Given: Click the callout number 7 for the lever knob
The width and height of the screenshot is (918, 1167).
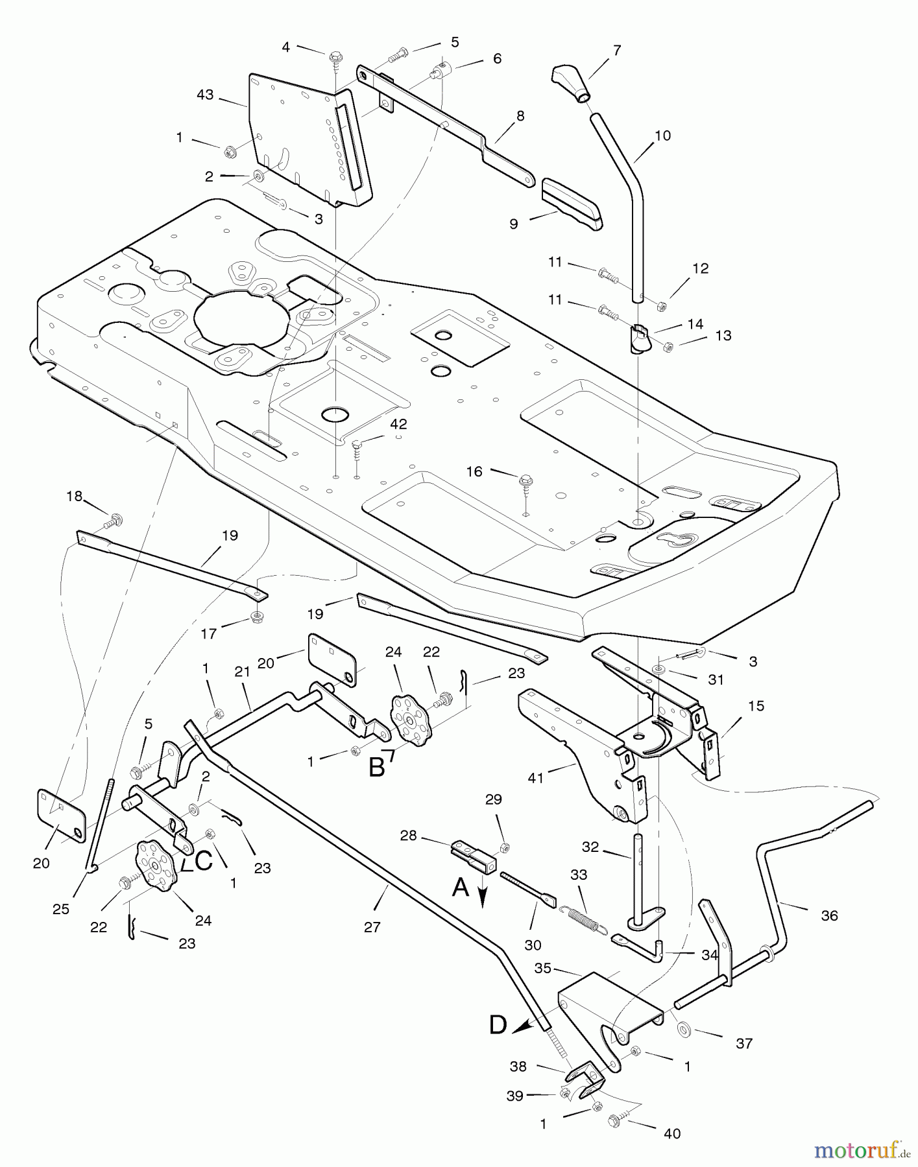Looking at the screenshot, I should (x=616, y=50).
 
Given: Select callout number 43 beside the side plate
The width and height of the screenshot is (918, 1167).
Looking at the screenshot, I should (x=205, y=95).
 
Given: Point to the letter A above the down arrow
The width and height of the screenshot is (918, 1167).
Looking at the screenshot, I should (x=460, y=887).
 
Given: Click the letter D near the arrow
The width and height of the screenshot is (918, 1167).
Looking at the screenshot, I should (x=498, y=1025).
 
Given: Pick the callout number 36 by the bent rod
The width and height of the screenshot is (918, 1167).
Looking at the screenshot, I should (x=829, y=915).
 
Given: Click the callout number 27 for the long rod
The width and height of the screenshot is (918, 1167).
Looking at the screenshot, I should (x=372, y=927).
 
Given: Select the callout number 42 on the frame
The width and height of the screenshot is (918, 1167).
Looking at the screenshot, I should (x=398, y=424).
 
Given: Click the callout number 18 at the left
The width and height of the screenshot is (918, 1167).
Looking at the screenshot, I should (x=75, y=496).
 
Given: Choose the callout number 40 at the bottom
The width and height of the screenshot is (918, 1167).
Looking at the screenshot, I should (x=672, y=1133).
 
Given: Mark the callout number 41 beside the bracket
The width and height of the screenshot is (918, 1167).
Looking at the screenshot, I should (x=535, y=778).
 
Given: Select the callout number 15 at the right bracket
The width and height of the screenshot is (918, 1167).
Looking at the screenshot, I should (x=756, y=705).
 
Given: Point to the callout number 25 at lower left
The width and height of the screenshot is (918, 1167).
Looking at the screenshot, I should (x=60, y=909).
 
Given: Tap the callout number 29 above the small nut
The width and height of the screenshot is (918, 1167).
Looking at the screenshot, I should (x=494, y=799).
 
